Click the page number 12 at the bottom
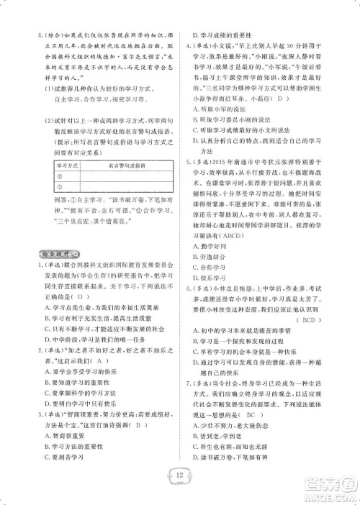click(x=179, y=476)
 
